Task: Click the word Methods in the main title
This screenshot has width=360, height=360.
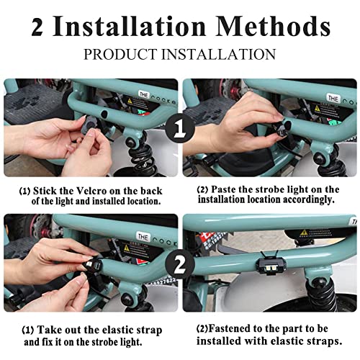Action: [x=273, y=26]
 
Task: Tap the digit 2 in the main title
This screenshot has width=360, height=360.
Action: [x=37, y=27]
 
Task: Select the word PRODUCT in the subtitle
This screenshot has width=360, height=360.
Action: [x=120, y=54]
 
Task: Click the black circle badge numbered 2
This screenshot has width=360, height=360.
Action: [x=180, y=264]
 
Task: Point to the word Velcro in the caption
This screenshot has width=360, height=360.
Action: [x=91, y=191]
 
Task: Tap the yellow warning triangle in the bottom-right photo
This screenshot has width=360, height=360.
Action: [x=304, y=233]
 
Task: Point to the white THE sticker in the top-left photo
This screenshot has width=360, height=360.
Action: [x=143, y=94]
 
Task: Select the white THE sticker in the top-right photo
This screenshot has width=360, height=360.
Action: [x=333, y=98]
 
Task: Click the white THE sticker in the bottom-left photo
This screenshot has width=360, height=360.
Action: [x=143, y=237]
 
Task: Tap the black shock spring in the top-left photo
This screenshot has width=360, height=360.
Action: [x=138, y=156]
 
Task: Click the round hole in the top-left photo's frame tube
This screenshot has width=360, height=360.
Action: [x=104, y=114]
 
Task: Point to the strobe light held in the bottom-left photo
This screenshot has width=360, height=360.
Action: [x=91, y=265]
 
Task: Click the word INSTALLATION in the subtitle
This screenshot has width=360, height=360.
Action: [x=218, y=54]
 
